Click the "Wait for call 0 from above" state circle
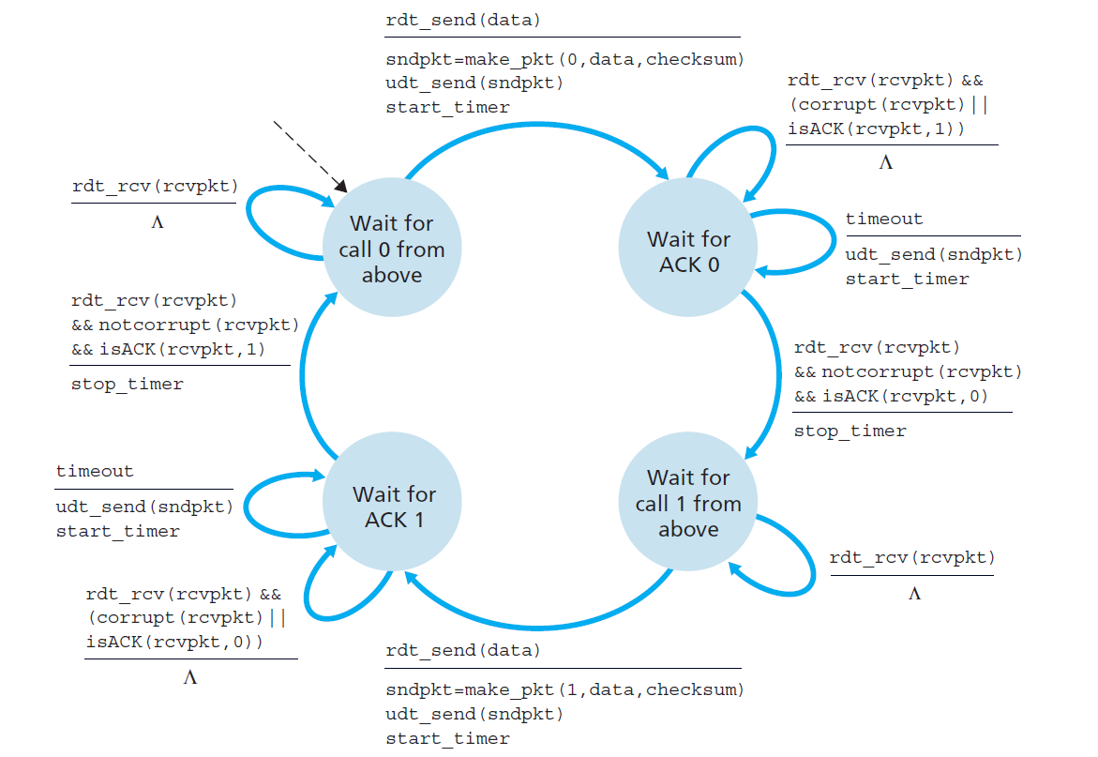click(x=392, y=249)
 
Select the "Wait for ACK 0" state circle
click(x=688, y=251)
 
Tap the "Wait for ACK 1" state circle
click(x=393, y=506)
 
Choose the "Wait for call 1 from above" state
click(x=688, y=504)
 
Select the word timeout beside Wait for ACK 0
click(x=884, y=219)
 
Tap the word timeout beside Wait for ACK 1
click(x=95, y=471)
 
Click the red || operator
click(x=980, y=104)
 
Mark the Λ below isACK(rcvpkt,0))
click(x=190, y=677)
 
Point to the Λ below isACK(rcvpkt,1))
click(x=885, y=162)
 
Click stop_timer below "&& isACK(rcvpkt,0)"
click(x=850, y=431)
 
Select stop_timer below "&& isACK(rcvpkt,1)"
click(x=128, y=384)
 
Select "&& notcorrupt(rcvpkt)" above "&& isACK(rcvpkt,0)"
click(x=908, y=371)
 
